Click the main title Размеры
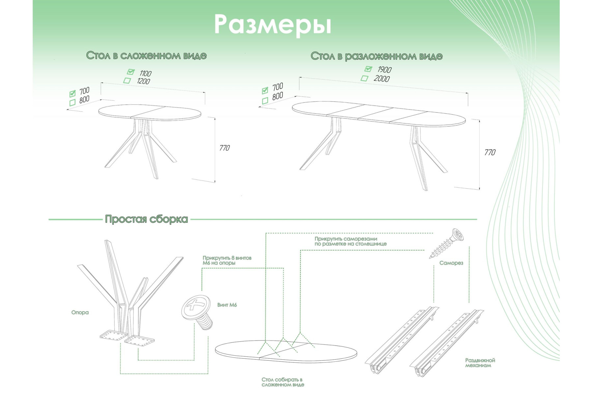click(272, 25)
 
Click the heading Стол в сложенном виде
click(146, 55)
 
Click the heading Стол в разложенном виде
click(376, 56)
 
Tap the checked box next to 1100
click(131, 72)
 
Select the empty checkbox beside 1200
click(127, 80)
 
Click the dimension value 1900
click(384, 70)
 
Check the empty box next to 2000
click(364, 78)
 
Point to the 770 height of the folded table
click(224, 148)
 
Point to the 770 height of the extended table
click(490, 152)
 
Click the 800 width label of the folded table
click(84, 100)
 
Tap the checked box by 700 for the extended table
click(265, 90)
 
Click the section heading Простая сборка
click(146, 219)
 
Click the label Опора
click(80, 312)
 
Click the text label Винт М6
click(227, 305)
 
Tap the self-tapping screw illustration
click(447, 244)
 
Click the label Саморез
click(451, 263)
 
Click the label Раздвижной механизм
click(480, 363)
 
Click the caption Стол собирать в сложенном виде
click(283, 382)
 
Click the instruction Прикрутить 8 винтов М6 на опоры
click(227, 260)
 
